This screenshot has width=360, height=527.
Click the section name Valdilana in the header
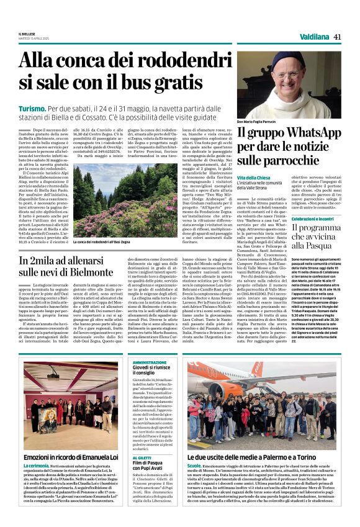click(x=312, y=37)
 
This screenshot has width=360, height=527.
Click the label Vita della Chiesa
click(x=254, y=179)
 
